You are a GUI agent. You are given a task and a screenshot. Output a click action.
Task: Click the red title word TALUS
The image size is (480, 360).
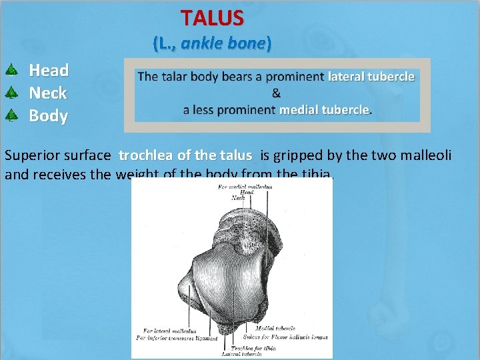(212, 17)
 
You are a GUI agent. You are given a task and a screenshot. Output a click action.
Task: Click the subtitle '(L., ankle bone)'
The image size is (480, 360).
(212, 44)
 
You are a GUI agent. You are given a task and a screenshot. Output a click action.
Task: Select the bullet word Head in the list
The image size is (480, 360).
(49, 70)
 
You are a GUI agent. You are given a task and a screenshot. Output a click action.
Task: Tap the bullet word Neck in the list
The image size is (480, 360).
(48, 93)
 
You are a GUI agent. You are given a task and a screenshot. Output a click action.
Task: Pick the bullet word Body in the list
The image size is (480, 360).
(48, 115)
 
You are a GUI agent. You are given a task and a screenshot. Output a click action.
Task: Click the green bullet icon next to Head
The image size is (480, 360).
(11, 69)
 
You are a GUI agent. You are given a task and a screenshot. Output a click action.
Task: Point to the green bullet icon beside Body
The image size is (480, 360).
(11, 115)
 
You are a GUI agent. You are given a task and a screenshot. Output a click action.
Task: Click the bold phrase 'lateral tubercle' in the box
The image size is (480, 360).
(371, 77)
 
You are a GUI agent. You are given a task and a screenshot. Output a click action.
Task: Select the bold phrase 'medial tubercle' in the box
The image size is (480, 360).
(324, 109)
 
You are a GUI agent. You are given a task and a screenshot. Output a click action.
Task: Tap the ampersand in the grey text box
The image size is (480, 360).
(277, 93)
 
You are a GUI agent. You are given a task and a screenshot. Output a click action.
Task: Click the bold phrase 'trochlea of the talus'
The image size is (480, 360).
(185, 156)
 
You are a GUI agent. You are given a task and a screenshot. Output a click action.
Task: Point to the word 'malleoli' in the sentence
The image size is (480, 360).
(426, 156)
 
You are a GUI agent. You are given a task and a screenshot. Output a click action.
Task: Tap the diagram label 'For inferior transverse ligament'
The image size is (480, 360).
(177, 338)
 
